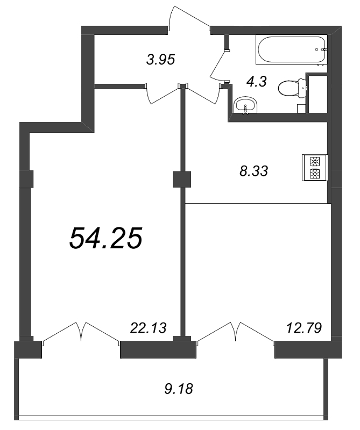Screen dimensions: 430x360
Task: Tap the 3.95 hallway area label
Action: [x=161, y=60]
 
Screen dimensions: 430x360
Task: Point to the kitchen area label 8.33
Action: [x=253, y=171]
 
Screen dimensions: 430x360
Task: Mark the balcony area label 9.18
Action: [x=178, y=387]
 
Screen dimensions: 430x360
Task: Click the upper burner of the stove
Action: [x=315, y=160]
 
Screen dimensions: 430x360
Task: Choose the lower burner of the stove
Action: [x=315, y=173]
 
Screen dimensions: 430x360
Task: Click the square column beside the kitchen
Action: [x=182, y=179]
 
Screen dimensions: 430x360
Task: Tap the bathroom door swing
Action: [x=218, y=62]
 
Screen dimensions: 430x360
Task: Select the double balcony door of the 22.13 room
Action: [x=81, y=331]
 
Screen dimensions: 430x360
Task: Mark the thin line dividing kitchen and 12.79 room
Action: [x=257, y=203]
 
